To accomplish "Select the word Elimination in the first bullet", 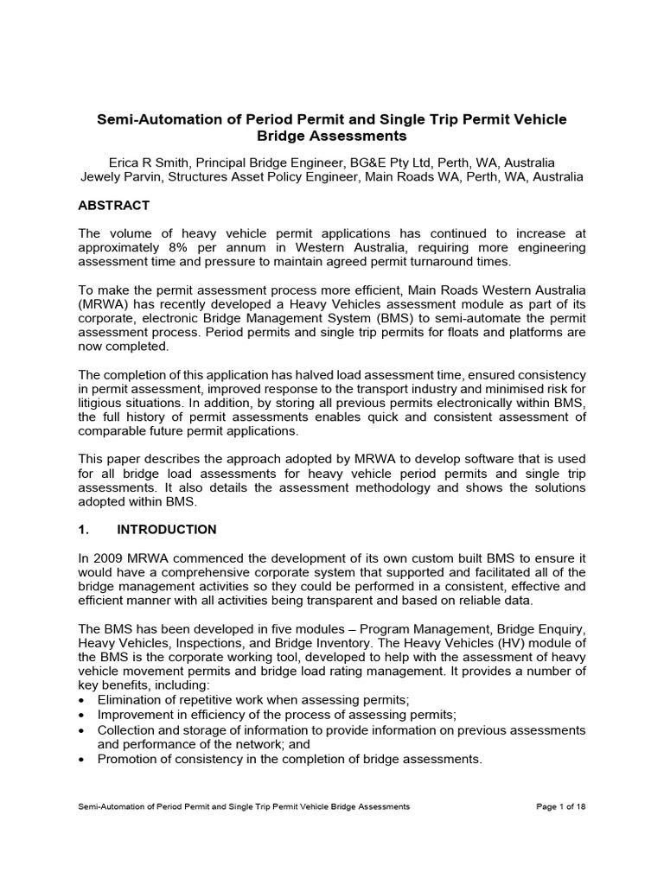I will point(131,698).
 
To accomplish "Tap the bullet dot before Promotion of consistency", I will point(81,760).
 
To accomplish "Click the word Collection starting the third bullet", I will point(128,729).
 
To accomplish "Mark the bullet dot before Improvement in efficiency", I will point(81,715).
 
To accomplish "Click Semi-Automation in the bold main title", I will point(151,119).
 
